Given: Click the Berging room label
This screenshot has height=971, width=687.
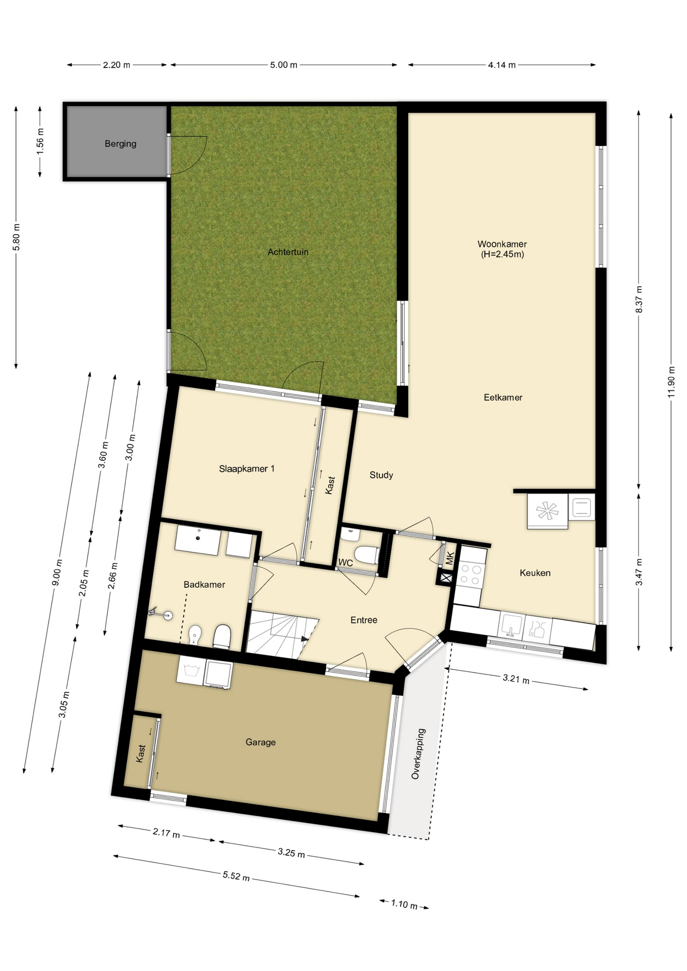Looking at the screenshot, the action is (120, 144).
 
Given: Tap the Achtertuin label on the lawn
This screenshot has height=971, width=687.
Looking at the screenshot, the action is (288, 252).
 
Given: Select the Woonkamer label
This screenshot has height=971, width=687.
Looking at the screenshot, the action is (502, 244).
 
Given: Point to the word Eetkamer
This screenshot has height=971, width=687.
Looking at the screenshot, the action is (503, 398).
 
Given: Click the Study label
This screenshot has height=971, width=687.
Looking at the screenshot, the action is (381, 475).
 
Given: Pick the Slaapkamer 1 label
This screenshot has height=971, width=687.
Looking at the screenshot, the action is (247, 469).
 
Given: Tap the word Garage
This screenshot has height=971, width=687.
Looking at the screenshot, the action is (261, 742).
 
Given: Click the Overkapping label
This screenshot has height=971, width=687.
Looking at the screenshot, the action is (418, 754).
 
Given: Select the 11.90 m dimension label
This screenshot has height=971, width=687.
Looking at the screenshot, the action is (671, 381).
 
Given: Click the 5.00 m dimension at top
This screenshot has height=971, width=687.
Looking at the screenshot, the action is (284, 65).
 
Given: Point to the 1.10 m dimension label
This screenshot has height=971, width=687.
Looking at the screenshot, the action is (404, 904).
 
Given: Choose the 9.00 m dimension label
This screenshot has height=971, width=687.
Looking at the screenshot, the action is (57, 572).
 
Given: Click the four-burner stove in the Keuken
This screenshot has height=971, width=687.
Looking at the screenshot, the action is (470, 575).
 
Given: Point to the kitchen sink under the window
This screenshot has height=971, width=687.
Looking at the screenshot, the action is (511, 626).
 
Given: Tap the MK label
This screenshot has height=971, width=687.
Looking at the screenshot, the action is (450, 558).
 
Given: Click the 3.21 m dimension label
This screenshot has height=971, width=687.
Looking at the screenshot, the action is (516, 679).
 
